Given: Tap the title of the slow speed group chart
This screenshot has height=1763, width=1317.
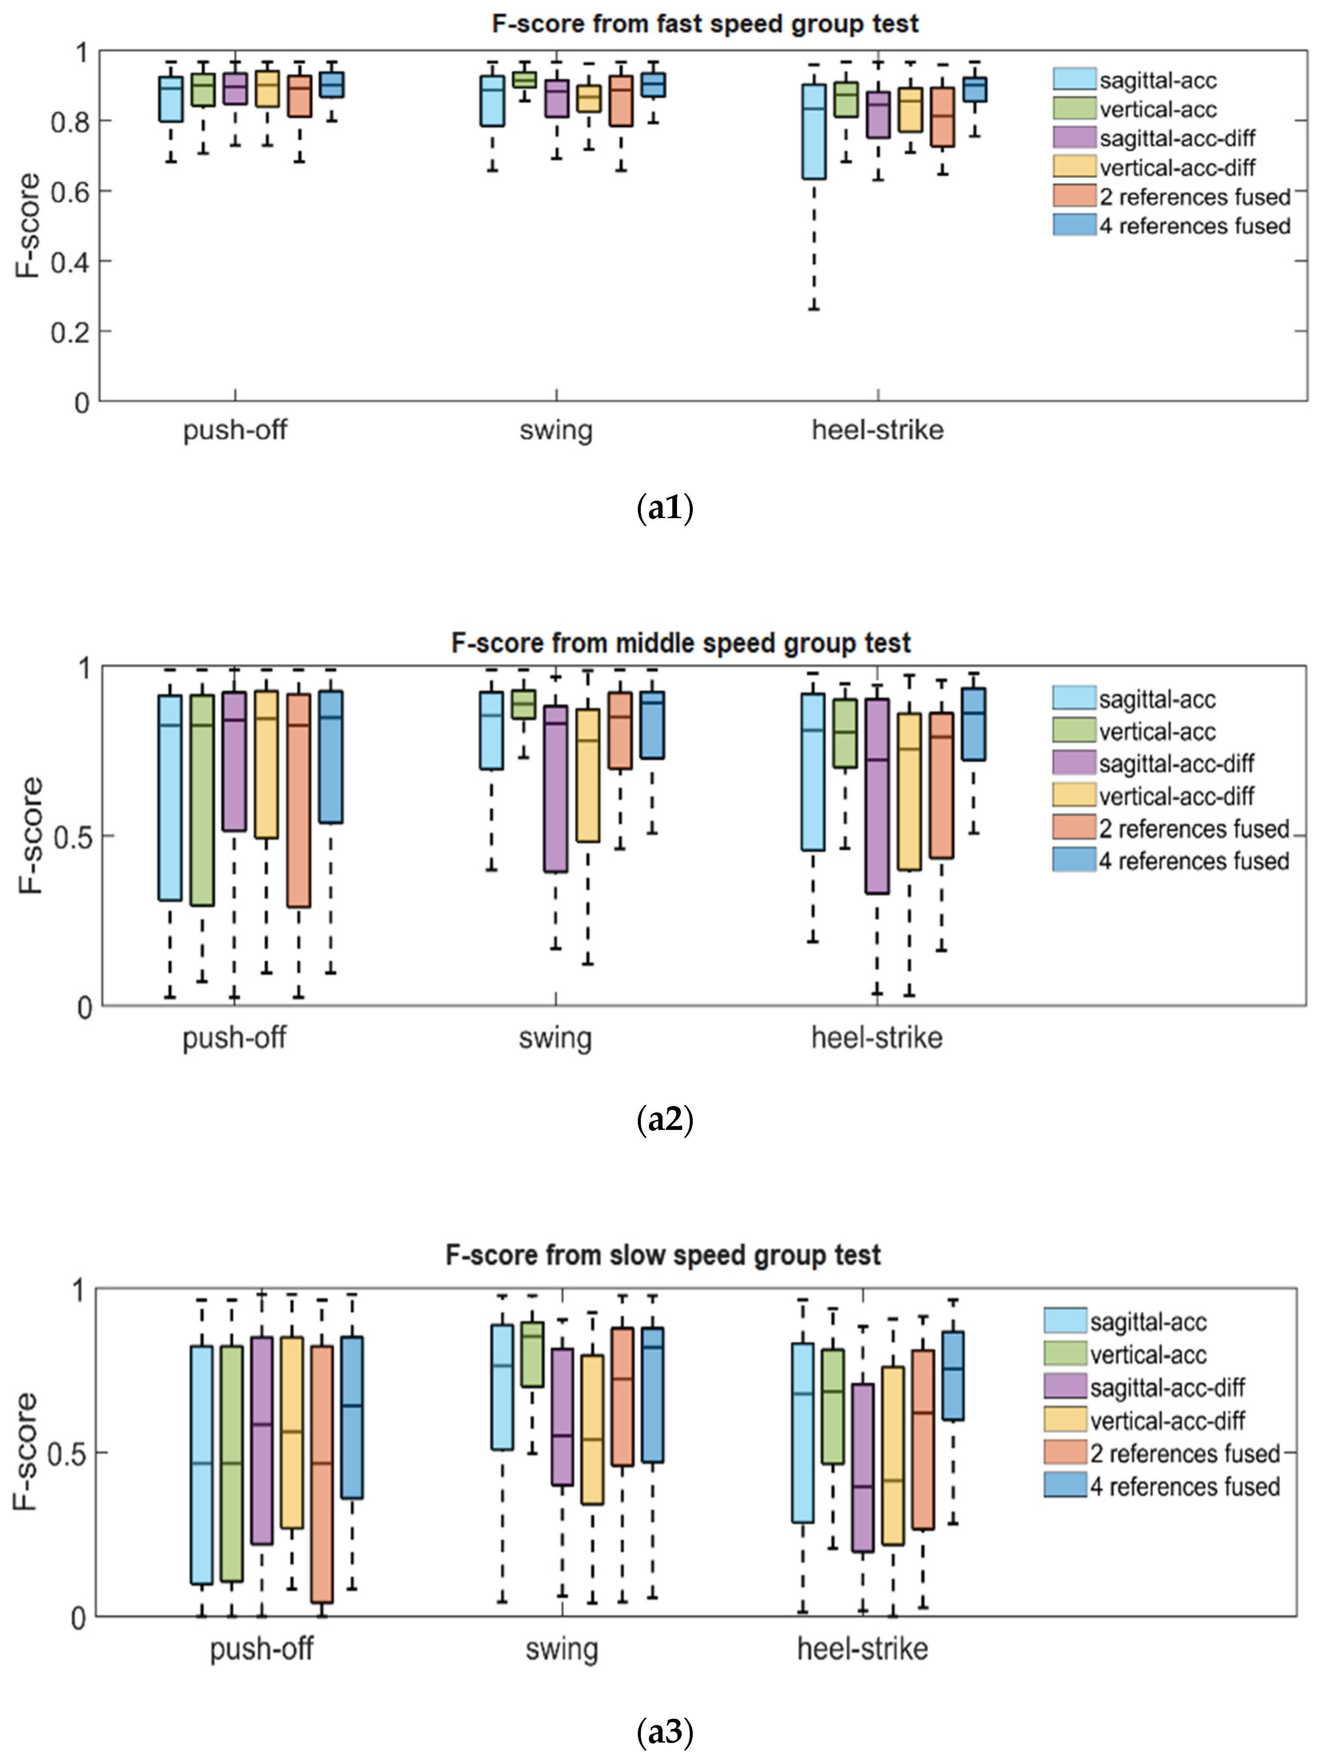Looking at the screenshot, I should (663, 1255).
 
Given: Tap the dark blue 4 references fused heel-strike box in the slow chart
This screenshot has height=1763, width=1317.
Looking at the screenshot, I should (953, 1375).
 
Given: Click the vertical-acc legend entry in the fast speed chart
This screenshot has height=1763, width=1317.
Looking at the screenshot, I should (1158, 109).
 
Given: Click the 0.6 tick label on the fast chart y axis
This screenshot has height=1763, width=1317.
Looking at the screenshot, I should (70, 191).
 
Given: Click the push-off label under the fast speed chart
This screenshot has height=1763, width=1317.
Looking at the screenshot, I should (235, 430).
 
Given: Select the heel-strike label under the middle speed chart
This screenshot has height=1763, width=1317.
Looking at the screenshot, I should (877, 1038).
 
